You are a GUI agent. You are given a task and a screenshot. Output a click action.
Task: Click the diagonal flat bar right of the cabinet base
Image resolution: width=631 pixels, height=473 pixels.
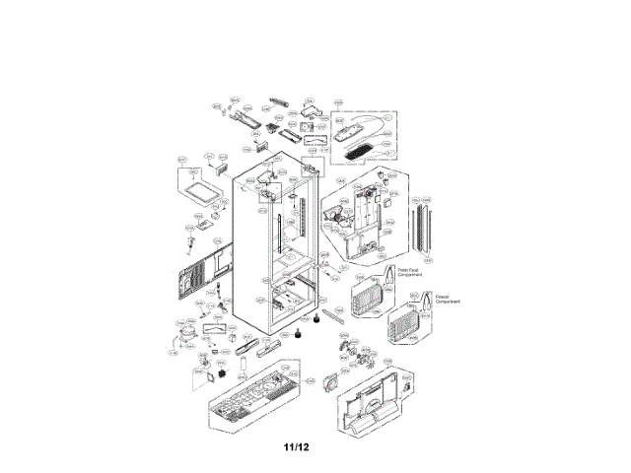[334, 319]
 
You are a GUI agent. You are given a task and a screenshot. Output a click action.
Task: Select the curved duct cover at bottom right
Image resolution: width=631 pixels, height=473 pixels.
[376, 405]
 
